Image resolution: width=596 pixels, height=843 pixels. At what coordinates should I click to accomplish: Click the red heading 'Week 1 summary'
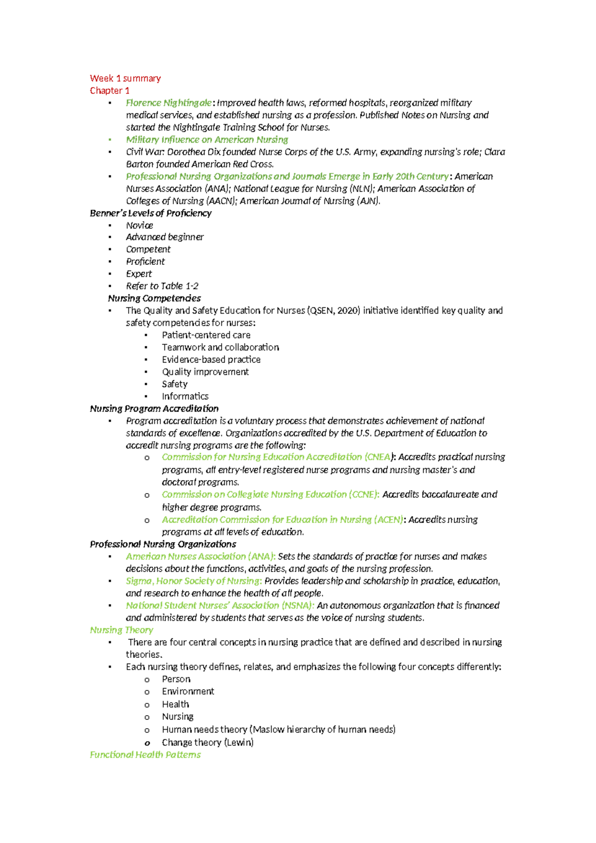point(125,79)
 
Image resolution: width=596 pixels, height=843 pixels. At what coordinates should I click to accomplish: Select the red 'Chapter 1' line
point(109,90)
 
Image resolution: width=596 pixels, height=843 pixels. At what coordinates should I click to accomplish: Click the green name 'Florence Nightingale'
point(169,103)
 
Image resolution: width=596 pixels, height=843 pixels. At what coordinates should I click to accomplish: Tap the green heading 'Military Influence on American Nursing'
point(207,140)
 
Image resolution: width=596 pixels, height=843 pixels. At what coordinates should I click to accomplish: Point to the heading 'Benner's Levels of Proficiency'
point(150,213)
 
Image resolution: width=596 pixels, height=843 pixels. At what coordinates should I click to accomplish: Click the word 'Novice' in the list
point(140,226)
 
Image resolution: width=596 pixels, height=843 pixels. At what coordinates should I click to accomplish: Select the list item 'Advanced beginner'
point(164,237)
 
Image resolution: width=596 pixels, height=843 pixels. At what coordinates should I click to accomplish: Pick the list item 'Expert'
point(139,274)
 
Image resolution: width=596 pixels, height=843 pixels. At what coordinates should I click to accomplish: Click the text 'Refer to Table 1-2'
point(162,286)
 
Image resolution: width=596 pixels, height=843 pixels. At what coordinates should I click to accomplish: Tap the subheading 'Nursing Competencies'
point(154,298)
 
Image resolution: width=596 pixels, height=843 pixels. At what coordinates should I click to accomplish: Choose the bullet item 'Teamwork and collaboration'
point(220,347)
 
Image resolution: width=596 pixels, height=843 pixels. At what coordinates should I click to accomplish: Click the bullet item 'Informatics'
point(185,396)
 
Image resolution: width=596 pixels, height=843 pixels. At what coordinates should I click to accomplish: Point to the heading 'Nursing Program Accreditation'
point(154,409)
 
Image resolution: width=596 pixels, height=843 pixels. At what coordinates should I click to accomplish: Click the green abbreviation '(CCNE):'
point(364,495)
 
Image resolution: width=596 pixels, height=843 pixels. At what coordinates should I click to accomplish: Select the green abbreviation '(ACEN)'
point(388,519)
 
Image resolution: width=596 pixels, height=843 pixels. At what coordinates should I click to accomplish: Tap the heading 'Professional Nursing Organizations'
point(163,544)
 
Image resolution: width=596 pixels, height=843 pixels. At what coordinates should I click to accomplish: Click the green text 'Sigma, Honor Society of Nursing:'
point(194,581)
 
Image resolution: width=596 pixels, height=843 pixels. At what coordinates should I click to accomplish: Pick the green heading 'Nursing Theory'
point(121,630)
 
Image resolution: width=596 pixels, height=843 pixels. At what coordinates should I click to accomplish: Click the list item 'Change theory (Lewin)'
point(208,743)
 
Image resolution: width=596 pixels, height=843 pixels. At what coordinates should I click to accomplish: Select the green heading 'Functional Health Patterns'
point(145,755)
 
